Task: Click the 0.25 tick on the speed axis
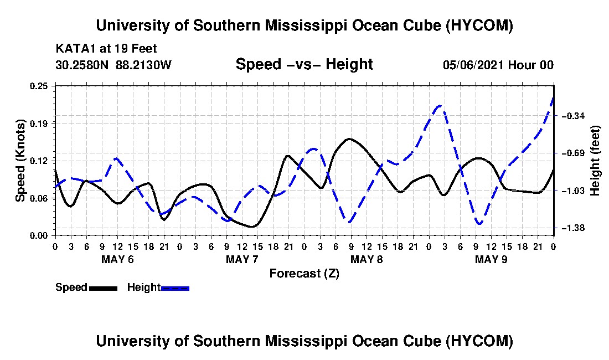(38, 86)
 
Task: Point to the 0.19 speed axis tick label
(38, 124)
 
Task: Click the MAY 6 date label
(117, 259)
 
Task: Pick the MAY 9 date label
(491, 259)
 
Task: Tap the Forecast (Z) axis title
(304, 274)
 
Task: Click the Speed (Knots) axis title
(20, 161)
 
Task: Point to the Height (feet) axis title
(595, 161)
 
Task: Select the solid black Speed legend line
(104, 288)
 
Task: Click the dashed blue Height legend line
(175, 288)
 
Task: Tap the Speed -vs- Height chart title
(304, 64)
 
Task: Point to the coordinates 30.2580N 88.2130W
(113, 64)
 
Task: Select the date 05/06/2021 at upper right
(473, 65)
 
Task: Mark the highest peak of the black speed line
(349, 138)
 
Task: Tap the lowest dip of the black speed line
(252, 227)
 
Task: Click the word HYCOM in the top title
(479, 25)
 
